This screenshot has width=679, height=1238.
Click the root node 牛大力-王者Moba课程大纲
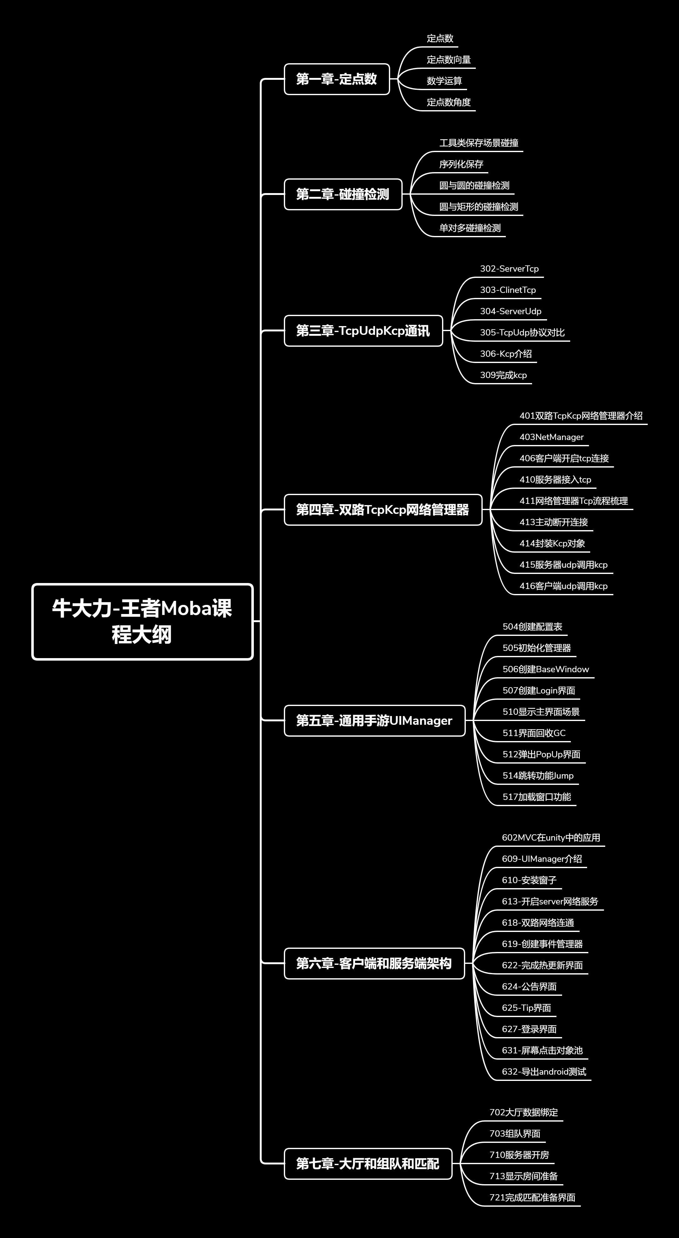pyautogui.click(x=142, y=622)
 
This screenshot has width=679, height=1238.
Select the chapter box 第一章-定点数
pyautogui.click(x=337, y=79)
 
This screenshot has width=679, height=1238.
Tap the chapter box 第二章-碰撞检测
pyautogui.click(x=343, y=194)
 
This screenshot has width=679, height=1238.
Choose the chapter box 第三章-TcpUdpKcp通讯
pyautogui.click(x=363, y=331)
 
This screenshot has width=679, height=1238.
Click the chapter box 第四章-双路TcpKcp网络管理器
pyautogui.click(x=383, y=509)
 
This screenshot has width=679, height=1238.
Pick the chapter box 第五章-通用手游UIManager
pyautogui.click(x=375, y=720)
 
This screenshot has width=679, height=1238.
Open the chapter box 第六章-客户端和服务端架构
pyautogui.click(x=374, y=963)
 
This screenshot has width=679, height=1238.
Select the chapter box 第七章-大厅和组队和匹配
pyautogui.click(x=368, y=1164)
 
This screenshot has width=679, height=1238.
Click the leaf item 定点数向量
pyautogui.click(x=449, y=59)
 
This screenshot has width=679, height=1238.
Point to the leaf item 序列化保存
pyautogui.click(x=461, y=164)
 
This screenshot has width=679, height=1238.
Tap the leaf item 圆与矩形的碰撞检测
pyautogui.click(x=478, y=207)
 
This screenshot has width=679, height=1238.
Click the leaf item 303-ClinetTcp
pyautogui.click(x=508, y=290)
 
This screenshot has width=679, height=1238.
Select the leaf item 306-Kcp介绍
pyautogui.click(x=505, y=354)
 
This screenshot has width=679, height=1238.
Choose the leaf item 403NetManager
pyautogui.click(x=551, y=437)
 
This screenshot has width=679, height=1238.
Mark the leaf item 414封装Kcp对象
pyautogui.click(x=552, y=543)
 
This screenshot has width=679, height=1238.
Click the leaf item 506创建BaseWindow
pyautogui.click(x=546, y=669)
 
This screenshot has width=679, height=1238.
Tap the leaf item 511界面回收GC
pyautogui.click(x=534, y=733)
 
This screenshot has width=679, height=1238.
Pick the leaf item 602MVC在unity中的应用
pyautogui.click(x=551, y=837)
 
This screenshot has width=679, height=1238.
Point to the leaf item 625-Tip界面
pyautogui.click(x=526, y=1007)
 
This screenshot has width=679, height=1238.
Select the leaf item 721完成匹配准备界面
pyautogui.click(x=532, y=1197)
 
